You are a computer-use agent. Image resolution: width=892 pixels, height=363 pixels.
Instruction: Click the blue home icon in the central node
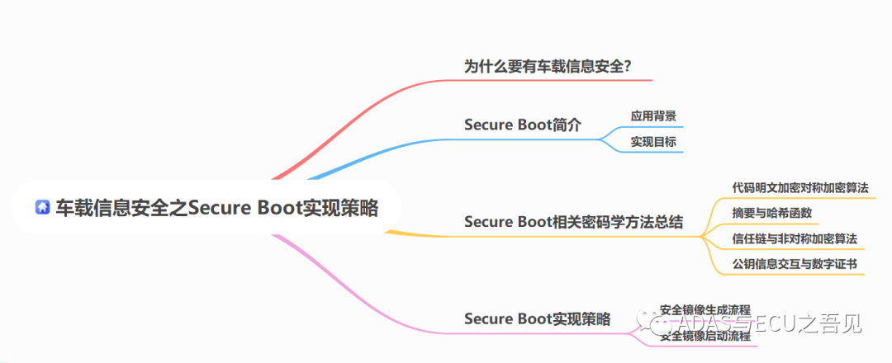[42, 208]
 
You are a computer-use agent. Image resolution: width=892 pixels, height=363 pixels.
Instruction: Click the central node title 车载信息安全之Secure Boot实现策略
[216, 208]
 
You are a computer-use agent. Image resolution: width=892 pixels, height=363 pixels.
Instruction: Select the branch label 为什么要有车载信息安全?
[548, 65]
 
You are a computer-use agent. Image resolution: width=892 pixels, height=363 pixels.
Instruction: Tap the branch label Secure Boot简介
[523, 125]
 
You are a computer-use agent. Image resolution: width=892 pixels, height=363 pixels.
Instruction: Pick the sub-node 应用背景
[653, 115]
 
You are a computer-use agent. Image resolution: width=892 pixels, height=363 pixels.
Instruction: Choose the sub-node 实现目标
[653, 142]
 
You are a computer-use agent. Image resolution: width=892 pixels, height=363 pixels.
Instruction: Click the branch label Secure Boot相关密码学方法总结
[573, 222]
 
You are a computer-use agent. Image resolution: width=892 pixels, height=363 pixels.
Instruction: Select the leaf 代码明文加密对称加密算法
[799, 187]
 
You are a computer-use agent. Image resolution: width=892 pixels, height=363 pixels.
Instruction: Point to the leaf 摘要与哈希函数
[771, 213]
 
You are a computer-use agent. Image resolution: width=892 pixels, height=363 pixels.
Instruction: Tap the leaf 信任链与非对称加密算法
[794, 238]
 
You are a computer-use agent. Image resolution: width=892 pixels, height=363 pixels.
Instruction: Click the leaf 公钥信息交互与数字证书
[794, 264]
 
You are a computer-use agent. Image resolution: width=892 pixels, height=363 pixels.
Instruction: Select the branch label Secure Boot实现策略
[537, 318]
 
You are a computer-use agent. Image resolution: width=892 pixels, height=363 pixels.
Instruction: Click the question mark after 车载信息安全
[628, 66]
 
